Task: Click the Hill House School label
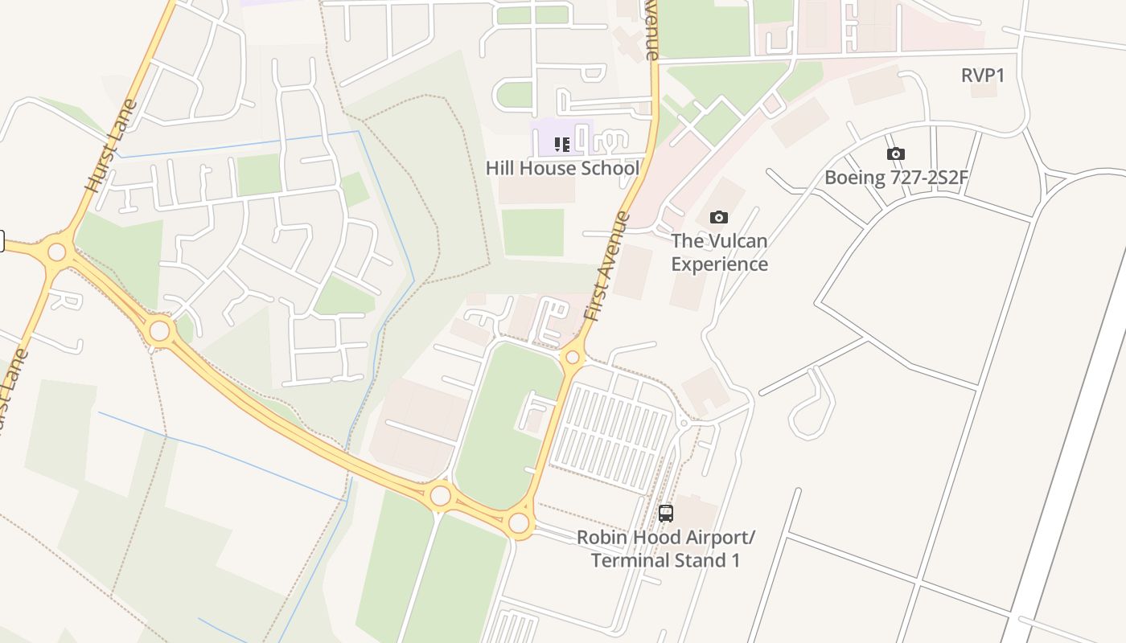(x=562, y=168)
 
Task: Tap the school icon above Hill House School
(x=562, y=145)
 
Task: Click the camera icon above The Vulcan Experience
(x=719, y=217)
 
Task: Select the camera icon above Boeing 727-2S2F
(x=895, y=154)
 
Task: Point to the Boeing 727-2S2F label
(x=896, y=178)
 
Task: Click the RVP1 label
(x=983, y=76)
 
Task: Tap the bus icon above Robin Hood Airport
(x=666, y=513)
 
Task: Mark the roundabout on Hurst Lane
(x=56, y=252)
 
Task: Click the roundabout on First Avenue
(x=573, y=358)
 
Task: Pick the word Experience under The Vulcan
(x=719, y=264)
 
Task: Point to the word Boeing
(x=855, y=178)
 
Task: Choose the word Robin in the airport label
(x=599, y=537)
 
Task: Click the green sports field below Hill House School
(x=532, y=232)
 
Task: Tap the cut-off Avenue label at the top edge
(x=651, y=31)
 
